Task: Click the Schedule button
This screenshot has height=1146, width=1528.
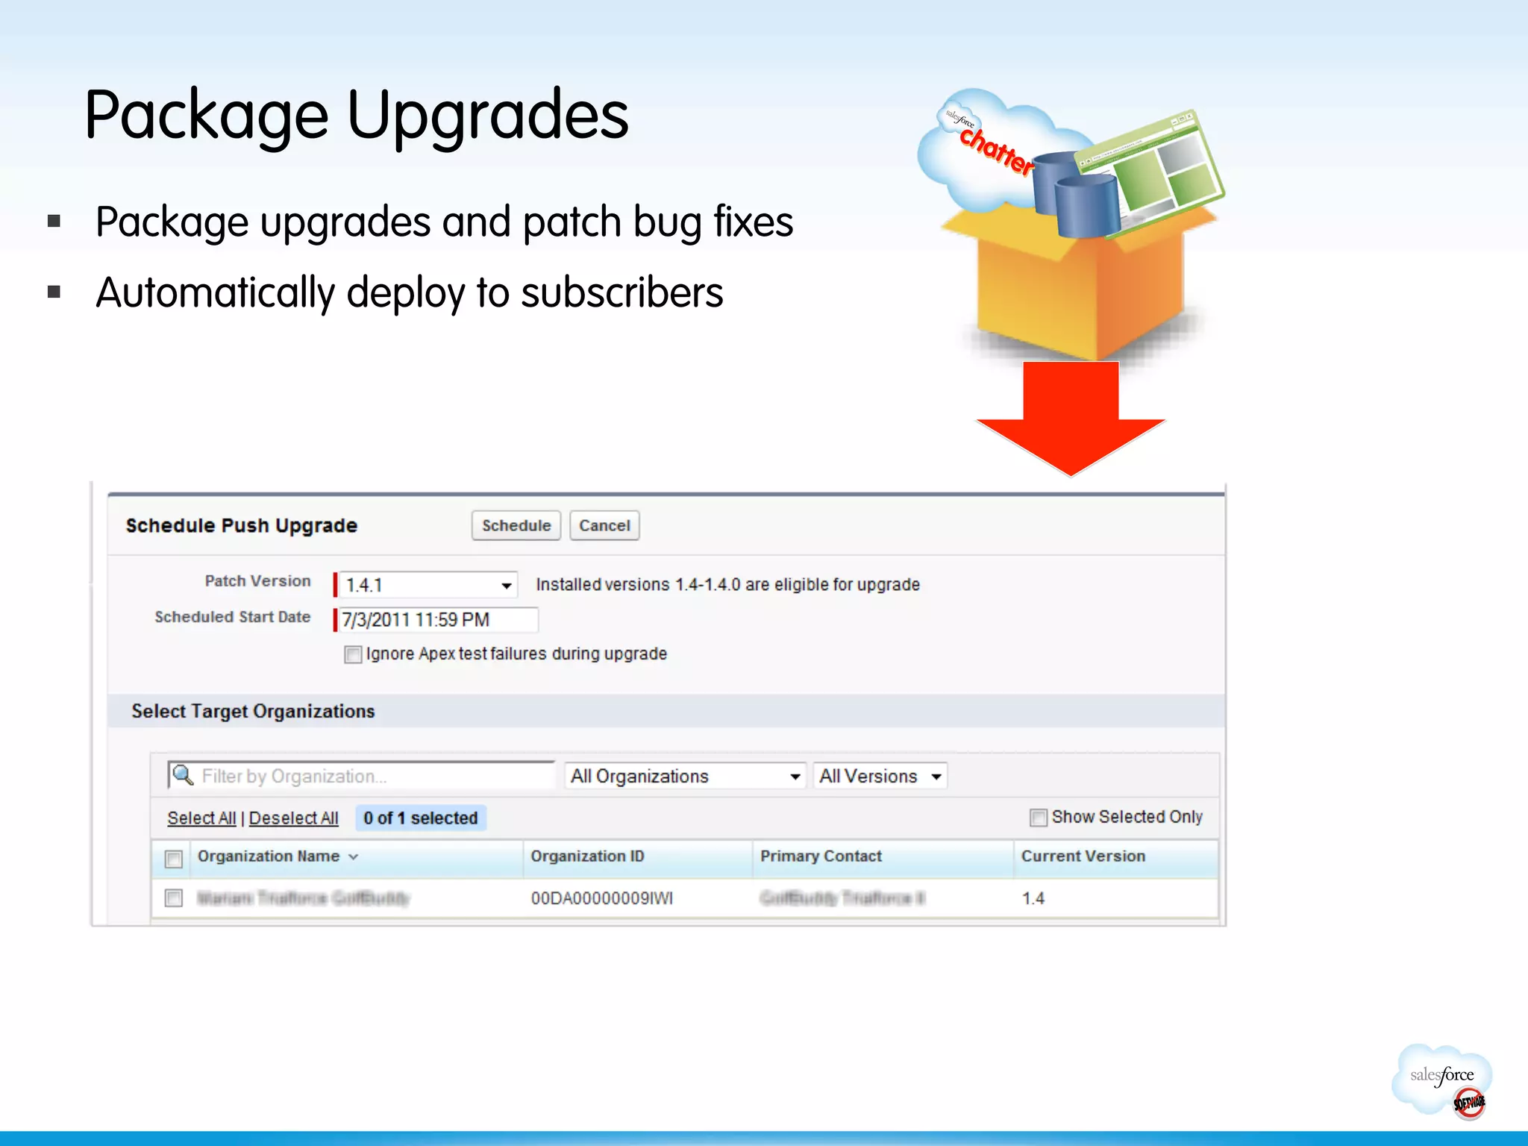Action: [516, 525]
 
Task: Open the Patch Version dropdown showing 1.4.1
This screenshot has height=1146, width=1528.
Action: [427, 585]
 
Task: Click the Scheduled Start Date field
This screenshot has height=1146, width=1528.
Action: [437, 620]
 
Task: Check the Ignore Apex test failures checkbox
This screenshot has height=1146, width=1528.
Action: [353, 654]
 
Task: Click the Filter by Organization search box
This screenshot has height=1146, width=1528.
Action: [363, 776]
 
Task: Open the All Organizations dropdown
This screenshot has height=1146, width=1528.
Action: [685, 776]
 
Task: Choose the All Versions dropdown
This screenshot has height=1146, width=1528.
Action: [880, 776]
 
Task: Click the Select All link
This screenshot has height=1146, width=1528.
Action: [201, 818]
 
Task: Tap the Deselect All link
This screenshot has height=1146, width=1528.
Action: [293, 818]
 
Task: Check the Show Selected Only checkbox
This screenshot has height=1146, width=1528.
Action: [1038, 818]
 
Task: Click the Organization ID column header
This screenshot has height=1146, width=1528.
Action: [587, 857]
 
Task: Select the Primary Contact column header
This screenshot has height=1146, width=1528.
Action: [821, 857]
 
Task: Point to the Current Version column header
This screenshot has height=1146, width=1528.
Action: [1083, 857]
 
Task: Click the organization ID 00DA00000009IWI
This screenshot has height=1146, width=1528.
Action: [601, 898]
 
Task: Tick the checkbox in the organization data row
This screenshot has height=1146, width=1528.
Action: [174, 898]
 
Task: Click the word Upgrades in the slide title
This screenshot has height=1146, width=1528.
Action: [488, 116]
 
